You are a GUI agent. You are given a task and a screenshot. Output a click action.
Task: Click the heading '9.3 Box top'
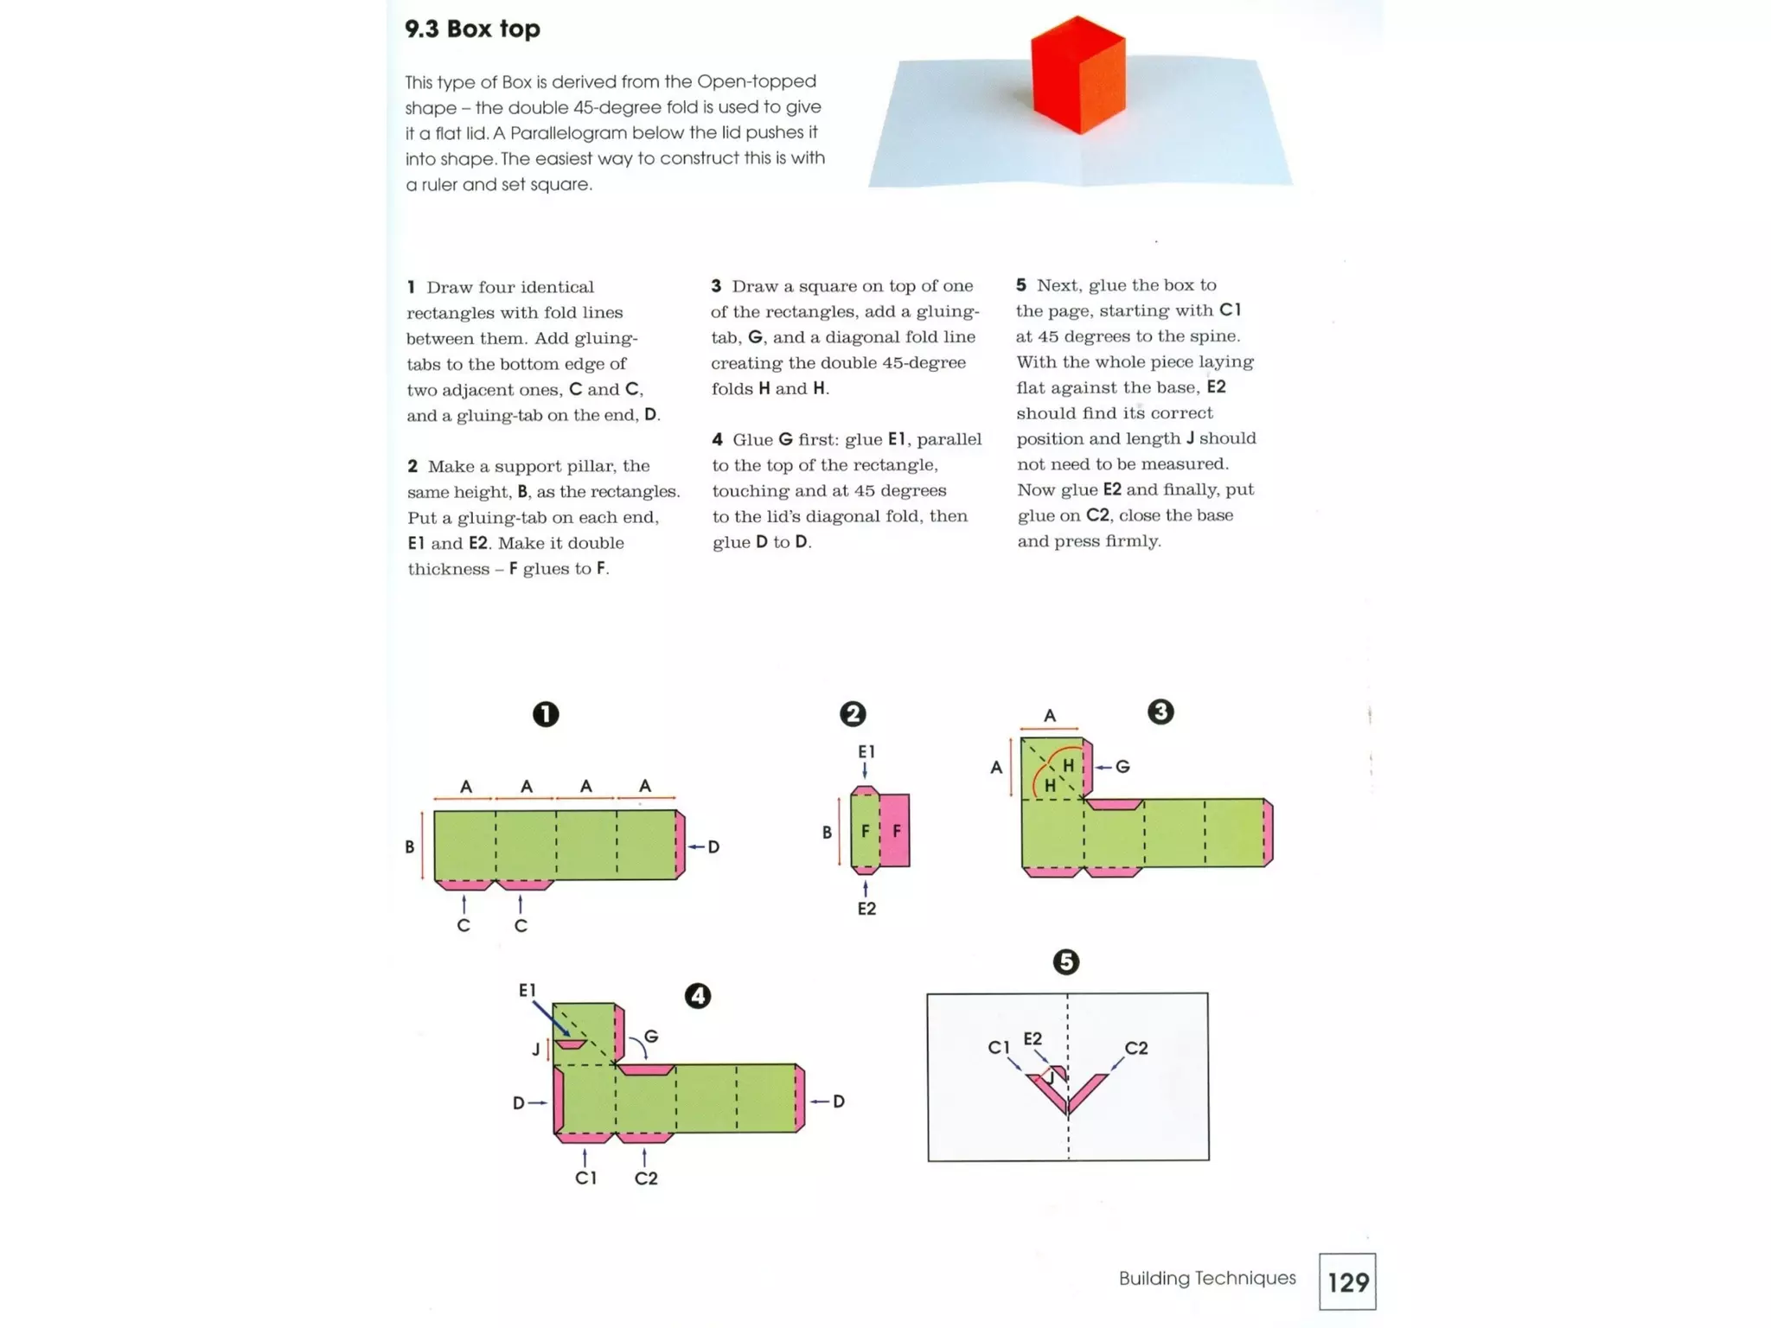[x=472, y=29]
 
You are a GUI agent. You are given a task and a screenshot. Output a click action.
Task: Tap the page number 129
[x=1347, y=1281]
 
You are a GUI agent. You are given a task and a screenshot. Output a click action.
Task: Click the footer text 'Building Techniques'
[x=1206, y=1278]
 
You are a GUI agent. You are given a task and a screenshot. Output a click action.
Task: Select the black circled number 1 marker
[x=546, y=714]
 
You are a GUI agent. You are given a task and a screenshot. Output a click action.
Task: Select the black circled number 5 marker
[x=1065, y=962]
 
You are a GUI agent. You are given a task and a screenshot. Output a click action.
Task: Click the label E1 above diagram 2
[x=866, y=752]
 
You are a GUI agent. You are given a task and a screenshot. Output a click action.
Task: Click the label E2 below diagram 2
[x=866, y=909]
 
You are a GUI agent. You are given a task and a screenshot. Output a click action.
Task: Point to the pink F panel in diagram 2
[x=896, y=831]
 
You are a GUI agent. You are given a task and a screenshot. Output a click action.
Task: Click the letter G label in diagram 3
[x=1122, y=767]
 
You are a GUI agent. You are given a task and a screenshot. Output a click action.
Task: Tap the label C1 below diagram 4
[x=585, y=1178]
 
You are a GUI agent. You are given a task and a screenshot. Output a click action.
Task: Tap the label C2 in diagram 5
[x=1136, y=1049]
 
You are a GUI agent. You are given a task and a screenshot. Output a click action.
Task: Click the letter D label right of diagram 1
[x=713, y=847]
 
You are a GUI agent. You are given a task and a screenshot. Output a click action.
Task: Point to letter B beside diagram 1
[x=409, y=847]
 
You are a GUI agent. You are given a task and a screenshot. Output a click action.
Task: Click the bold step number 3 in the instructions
[x=716, y=286]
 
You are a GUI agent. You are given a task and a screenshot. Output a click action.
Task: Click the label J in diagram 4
[x=536, y=1050]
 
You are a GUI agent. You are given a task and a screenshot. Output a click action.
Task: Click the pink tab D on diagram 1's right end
[x=681, y=845]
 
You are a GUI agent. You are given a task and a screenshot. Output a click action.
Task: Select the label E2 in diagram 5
[x=1033, y=1038]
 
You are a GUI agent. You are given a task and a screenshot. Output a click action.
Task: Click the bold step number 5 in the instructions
[x=1021, y=285]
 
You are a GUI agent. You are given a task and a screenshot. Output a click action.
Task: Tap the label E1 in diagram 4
[x=527, y=991]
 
